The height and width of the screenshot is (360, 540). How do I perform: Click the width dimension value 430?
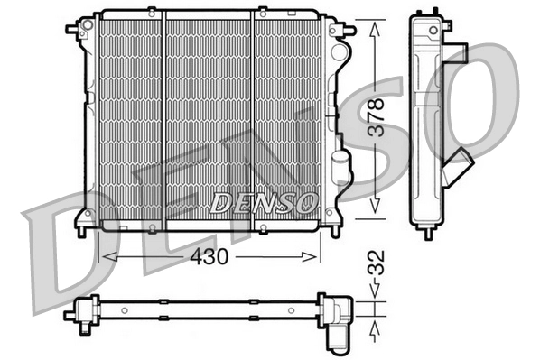pyautogui.click(x=209, y=256)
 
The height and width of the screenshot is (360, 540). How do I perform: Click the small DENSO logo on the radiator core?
pyautogui.click(x=263, y=201)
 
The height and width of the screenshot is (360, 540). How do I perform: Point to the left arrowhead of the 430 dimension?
pyautogui.click(x=102, y=256)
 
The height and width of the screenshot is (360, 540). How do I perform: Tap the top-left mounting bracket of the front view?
pyautogui.click(x=76, y=29)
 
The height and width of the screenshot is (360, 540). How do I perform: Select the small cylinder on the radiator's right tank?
pyautogui.click(x=340, y=166)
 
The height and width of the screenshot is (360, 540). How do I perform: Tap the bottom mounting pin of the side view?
pyautogui.click(x=428, y=233)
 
